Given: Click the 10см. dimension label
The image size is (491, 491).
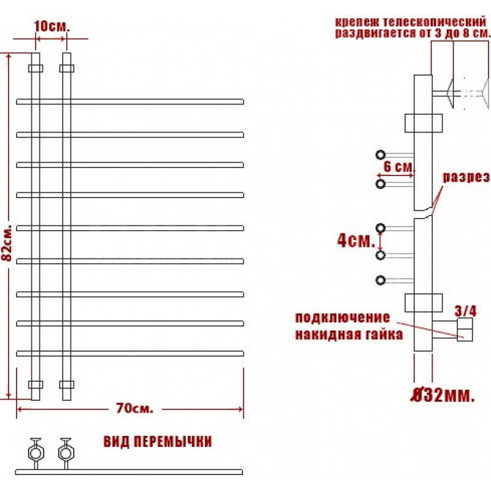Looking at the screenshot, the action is click(52, 26).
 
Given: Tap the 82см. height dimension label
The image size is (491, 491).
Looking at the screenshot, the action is click(7, 242).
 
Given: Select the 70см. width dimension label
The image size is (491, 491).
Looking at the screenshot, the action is click(134, 408).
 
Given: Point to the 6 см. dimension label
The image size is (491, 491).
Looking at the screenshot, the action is click(399, 166).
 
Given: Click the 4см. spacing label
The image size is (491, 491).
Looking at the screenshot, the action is click(356, 241).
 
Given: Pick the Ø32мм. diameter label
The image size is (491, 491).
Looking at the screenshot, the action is click(443, 395).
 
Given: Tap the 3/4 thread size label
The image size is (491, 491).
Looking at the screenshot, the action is click(466, 311).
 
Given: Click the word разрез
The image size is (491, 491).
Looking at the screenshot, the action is click(466, 177).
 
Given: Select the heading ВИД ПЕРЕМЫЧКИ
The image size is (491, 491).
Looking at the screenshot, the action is click(158, 441).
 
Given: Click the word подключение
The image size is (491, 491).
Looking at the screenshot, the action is click(342, 317).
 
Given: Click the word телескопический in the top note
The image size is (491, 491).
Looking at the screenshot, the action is click(435, 22).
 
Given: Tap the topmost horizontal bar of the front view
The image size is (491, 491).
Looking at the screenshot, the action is click(130, 101).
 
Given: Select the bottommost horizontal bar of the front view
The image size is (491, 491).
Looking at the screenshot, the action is click(130, 354).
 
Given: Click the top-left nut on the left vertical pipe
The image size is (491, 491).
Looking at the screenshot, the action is click(36, 68).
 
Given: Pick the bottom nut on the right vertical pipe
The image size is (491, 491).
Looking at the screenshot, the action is click(67, 385).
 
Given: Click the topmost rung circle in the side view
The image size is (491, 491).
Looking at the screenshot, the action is click(381, 155).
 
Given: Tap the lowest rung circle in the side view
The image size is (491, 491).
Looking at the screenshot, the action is click(381, 280).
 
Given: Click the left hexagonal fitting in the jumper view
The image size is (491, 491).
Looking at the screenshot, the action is click(36, 452).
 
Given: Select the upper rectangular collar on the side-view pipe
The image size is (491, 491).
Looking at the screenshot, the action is click(423, 123).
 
